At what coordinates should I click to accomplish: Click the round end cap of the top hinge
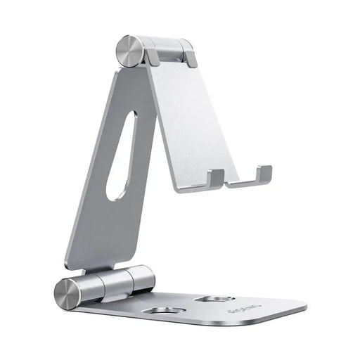[x=128, y=51]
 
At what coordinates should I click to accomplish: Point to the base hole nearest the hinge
[x=167, y=309]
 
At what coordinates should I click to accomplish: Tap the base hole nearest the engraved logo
[x=214, y=300]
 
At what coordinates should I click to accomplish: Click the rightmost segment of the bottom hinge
[x=144, y=280]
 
